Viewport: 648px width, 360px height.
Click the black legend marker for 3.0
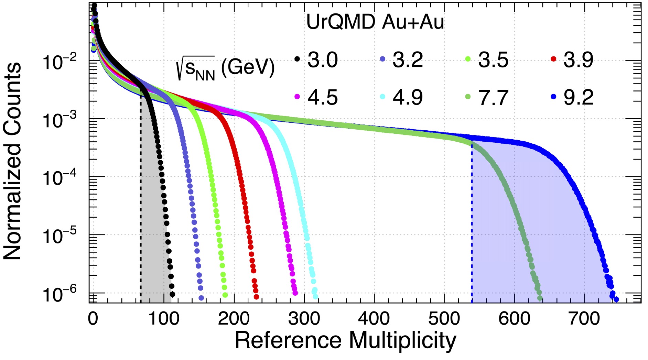[x=297, y=59]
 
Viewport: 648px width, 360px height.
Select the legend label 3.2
[x=408, y=60]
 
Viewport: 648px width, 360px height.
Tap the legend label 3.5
[x=493, y=60]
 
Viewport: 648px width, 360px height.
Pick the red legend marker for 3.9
[x=553, y=59]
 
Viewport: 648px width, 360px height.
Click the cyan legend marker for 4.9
[x=382, y=97]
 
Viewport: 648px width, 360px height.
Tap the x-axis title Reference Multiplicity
[x=345, y=340]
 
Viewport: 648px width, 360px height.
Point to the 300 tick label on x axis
[x=304, y=319]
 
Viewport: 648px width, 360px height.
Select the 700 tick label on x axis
[x=584, y=319]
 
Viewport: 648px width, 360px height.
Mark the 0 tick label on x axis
[x=93, y=319]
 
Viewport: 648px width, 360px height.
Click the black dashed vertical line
[x=140, y=206]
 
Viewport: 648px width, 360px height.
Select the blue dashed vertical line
[x=472, y=223]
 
